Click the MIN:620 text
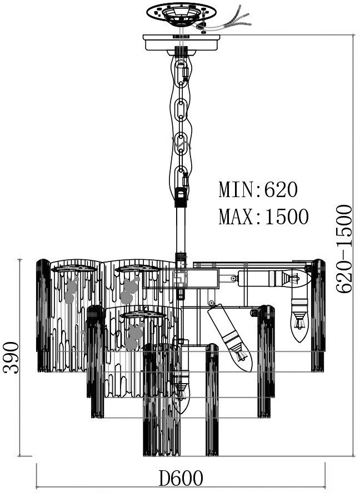click(x=258, y=190)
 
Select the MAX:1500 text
click(x=263, y=217)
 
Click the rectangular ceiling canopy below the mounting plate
click(x=181, y=43)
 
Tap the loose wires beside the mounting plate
click(x=228, y=21)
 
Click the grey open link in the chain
click(x=181, y=145)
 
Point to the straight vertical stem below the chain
click(x=181, y=229)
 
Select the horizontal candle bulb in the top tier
click(x=272, y=278)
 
